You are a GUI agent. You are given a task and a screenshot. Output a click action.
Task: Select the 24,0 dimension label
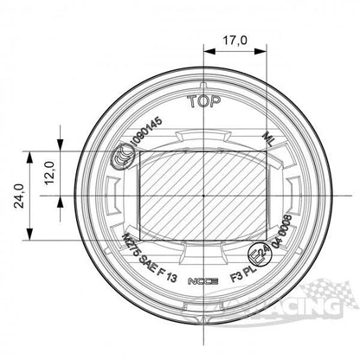click(x=17, y=196)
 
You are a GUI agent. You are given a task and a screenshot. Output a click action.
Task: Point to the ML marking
click(x=269, y=138)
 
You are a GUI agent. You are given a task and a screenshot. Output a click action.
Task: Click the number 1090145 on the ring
click(x=145, y=137)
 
